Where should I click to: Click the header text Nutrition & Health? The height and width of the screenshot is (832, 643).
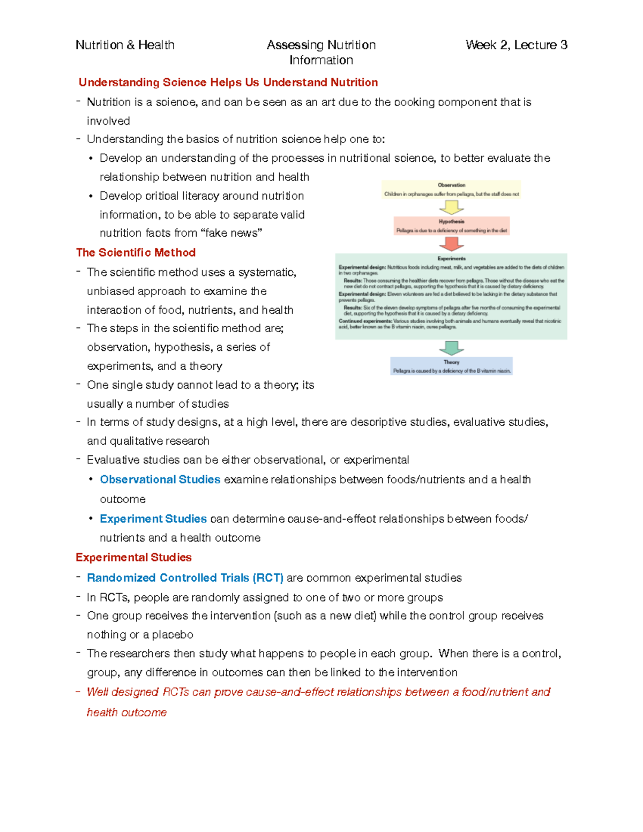[x=125, y=45]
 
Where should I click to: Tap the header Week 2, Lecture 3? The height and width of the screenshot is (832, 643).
[x=516, y=45]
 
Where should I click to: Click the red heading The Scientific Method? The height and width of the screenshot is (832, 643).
[x=136, y=252]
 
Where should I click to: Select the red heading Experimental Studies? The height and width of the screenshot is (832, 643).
[x=133, y=557]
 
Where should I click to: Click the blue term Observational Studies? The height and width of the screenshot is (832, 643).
[x=160, y=479]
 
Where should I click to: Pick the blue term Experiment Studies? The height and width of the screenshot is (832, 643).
[x=153, y=519]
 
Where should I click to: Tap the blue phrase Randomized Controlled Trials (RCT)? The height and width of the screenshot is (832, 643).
[x=185, y=578]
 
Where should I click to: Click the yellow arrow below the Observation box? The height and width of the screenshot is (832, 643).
[x=452, y=207]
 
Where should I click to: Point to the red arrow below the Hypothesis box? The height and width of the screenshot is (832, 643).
[x=452, y=244]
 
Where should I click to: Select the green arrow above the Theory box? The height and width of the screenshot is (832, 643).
[x=452, y=348]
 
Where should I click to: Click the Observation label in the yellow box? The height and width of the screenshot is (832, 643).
[x=452, y=185]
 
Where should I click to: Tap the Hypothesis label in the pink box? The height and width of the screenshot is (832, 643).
[x=452, y=221]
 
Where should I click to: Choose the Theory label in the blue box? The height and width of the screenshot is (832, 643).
[x=452, y=362]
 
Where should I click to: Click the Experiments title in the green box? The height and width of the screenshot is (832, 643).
[x=452, y=259]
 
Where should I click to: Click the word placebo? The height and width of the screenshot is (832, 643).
[x=173, y=634]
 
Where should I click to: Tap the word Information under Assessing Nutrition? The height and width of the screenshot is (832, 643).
[x=321, y=60]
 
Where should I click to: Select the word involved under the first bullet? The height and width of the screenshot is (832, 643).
[x=108, y=121]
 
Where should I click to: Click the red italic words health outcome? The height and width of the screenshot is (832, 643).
[x=126, y=712]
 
